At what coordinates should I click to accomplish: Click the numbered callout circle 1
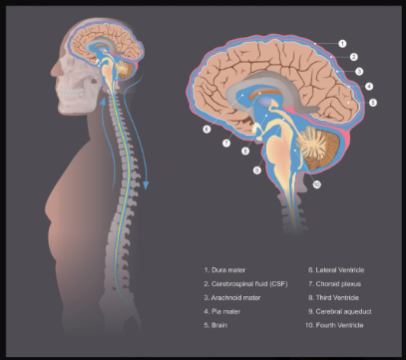[342, 44]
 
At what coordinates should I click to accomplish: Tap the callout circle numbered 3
[359, 71]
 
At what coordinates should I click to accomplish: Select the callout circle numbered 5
[373, 102]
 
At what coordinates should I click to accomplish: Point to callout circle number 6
[206, 130]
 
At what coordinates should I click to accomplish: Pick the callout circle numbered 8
[244, 151]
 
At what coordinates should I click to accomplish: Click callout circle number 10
[317, 183]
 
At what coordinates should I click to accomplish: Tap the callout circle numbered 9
[257, 171]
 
